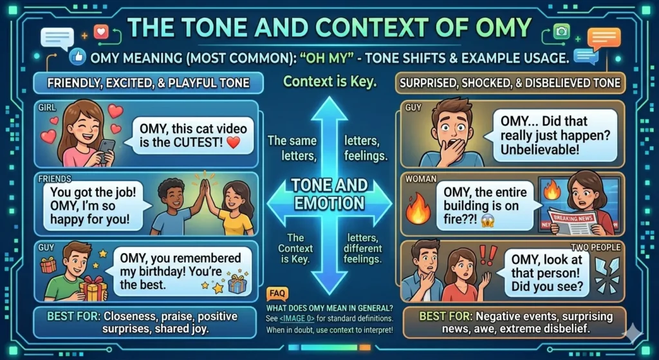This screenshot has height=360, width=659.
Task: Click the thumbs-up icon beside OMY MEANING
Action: (x=79, y=57)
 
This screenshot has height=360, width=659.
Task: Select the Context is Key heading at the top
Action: (x=329, y=82)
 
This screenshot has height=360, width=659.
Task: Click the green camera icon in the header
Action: (x=562, y=32)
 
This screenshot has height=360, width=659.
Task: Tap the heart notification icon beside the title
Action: (x=100, y=32)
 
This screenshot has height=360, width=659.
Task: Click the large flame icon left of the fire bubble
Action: (x=418, y=211)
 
